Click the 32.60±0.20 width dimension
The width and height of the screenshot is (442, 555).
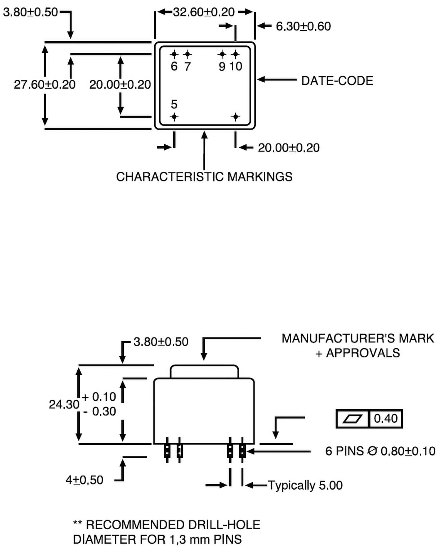point(203,12)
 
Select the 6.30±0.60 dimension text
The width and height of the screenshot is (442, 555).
point(303,27)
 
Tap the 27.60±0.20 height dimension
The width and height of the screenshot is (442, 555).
point(44,85)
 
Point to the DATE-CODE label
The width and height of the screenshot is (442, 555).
point(337,81)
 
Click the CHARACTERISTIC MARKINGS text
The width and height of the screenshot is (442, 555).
point(204,177)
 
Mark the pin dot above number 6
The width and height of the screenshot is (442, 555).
point(174,54)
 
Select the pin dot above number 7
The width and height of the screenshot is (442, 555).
point(188,54)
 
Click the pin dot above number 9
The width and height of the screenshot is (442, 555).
point(222,54)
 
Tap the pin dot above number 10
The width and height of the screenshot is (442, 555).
point(235,54)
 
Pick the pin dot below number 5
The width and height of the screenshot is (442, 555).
point(174,117)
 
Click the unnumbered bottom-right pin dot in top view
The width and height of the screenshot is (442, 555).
point(235,117)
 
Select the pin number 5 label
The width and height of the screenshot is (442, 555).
point(174,104)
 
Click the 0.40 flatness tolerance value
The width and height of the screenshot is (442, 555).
point(385,419)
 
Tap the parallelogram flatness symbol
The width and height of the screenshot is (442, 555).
point(352,419)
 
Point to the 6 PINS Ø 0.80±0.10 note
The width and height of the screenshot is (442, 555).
point(380,451)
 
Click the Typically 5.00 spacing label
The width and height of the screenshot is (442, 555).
point(305,485)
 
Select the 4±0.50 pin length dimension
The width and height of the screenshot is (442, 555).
point(84,480)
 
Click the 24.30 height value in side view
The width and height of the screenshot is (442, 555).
point(64,404)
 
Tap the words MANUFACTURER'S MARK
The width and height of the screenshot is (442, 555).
point(358,339)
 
